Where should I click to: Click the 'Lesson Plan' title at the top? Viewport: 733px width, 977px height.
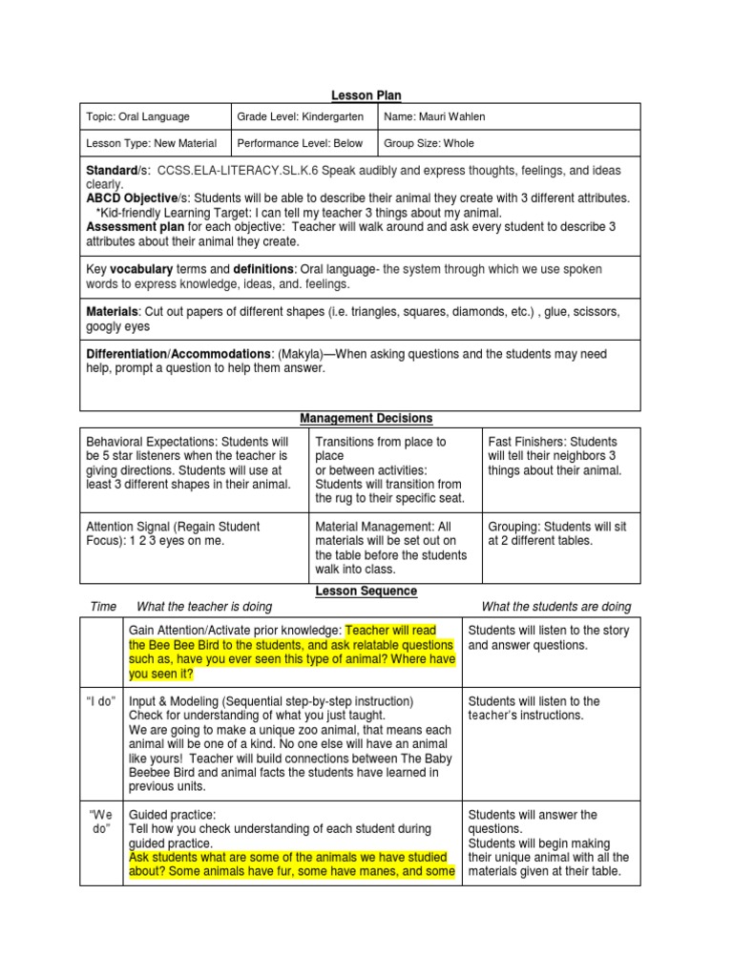coord(366,95)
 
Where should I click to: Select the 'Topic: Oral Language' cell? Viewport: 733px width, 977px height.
coord(138,117)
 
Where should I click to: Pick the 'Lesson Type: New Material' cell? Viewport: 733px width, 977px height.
coord(152,144)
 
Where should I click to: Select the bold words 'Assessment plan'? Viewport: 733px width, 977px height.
coord(135,228)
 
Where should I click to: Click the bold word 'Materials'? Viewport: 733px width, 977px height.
coord(112,312)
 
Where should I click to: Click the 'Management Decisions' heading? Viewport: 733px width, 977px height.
coord(366,419)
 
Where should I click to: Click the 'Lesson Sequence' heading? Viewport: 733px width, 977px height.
coord(366,592)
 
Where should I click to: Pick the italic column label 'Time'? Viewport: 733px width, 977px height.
coord(103,607)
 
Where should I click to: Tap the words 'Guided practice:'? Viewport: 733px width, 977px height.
coord(173,815)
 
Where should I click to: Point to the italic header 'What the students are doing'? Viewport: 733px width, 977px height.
coord(555,607)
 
